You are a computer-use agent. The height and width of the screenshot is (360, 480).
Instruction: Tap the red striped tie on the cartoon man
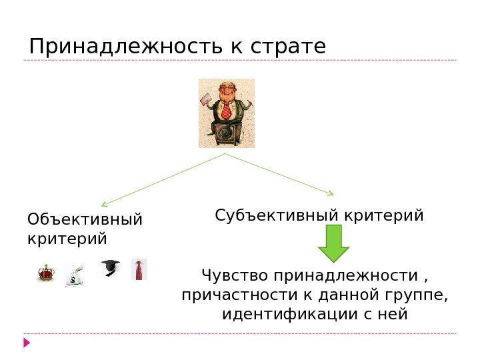pyautogui.click(x=226, y=110)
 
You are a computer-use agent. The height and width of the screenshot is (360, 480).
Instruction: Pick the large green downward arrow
pyautogui.click(x=334, y=243)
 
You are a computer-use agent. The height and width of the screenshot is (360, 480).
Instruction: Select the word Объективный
pyautogui.click(x=85, y=220)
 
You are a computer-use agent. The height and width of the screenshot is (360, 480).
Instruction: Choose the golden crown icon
pyautogui.click(x=45, y=272)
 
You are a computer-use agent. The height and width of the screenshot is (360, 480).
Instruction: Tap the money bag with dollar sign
pyautogui.click(x=75, y=275)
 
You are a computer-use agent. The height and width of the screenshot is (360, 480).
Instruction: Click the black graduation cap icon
pyautogui.click(x=109, y=269)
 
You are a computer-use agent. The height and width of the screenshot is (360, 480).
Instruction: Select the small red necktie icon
pyautogui.click(x=139, y=270)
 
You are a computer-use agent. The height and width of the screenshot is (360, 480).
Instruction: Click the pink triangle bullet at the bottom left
pyautogui.click(x=27, y=343)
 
